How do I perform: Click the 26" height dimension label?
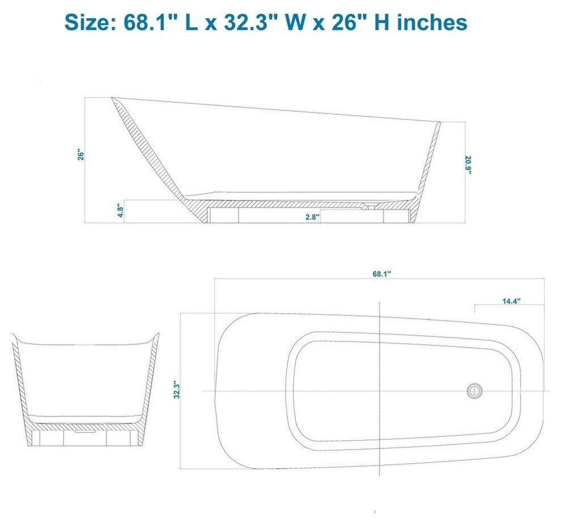point(82,155)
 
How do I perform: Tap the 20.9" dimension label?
point(468,165)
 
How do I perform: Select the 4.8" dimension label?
point(120,211)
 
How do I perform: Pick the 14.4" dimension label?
point(512,302)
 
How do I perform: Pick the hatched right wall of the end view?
point(150,380)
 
